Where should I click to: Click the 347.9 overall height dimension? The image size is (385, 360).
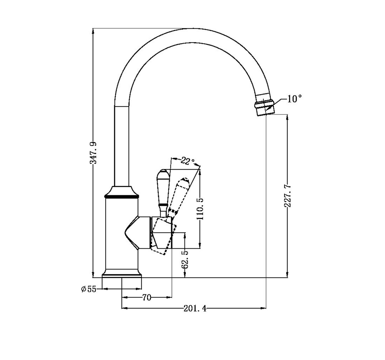(93, 153)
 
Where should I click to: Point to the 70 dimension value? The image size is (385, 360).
(147, 298)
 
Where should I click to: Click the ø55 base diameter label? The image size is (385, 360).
(88, 289)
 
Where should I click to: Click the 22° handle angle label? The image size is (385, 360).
(188, 161)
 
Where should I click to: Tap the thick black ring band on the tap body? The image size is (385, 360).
(122, 197)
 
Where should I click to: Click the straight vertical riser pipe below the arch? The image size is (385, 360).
(122, 146)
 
